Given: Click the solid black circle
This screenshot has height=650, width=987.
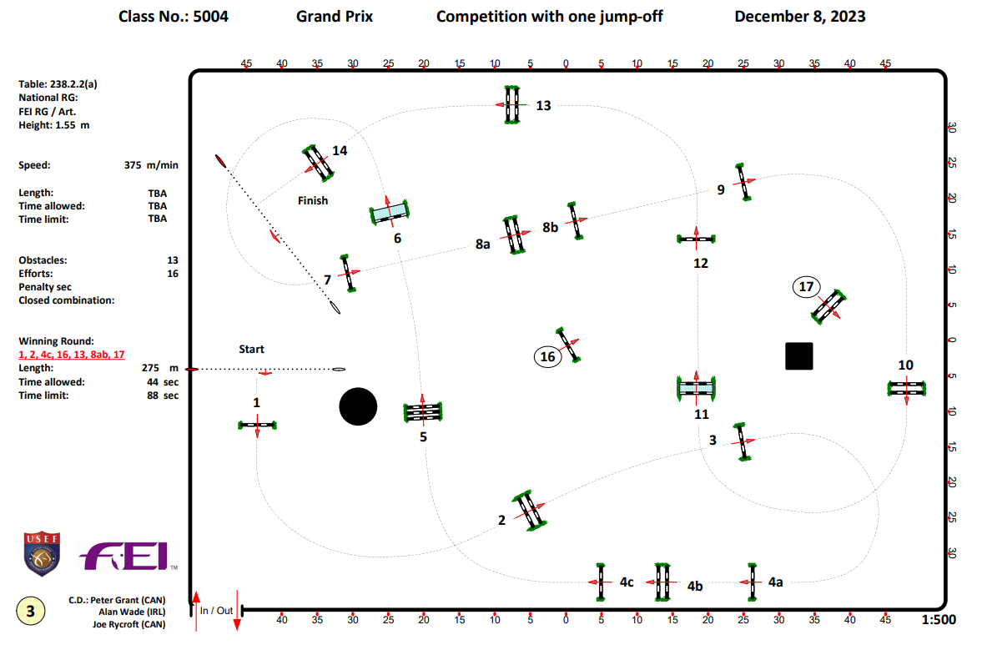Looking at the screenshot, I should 358,406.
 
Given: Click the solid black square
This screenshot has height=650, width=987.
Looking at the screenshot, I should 798,355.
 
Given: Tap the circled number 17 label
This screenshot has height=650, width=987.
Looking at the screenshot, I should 806,287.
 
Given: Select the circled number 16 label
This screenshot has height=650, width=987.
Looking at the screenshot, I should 547,357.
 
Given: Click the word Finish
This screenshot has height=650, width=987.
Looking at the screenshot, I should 313,200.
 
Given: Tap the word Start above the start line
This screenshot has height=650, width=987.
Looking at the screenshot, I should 251,349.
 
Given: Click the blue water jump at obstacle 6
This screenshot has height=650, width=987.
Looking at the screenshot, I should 389,213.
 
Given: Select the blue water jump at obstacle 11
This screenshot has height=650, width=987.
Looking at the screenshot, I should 697,388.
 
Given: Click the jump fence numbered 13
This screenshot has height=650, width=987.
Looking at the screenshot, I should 512,105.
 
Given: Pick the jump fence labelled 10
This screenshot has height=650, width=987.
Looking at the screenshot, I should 906,388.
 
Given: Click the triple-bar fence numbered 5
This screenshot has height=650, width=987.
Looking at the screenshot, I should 423,411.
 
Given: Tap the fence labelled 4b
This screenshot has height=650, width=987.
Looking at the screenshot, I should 662,582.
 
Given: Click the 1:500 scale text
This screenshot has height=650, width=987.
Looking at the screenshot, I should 939,620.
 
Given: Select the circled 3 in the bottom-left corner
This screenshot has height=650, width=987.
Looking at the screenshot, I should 31,611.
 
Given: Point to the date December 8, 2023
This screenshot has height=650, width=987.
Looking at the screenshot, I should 799,16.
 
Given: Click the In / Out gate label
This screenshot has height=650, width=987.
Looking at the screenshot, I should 216,611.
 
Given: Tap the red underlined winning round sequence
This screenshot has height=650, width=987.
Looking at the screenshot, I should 72,354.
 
